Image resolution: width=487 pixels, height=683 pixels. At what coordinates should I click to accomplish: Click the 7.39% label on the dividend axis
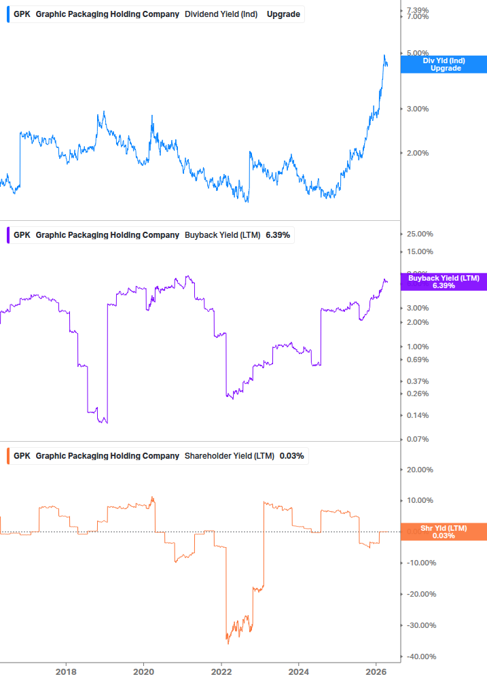[417, 10]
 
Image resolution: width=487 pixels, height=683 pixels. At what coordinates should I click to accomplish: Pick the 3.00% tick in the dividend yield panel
[417, 109]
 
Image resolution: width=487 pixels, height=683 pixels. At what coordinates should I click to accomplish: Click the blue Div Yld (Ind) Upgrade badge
[444, 65]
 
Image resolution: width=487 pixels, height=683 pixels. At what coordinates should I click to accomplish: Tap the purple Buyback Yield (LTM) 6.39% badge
[444, 282]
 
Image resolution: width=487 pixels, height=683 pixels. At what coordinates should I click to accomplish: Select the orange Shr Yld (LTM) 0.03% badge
[444, 531]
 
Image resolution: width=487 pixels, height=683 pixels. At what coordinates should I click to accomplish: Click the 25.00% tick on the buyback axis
[419, 234]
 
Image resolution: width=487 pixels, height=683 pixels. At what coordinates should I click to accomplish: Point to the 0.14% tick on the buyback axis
[417, 415]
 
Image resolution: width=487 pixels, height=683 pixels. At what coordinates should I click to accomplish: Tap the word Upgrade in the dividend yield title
[283, 14]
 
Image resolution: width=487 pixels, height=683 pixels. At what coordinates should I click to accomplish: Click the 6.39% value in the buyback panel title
[278, 235]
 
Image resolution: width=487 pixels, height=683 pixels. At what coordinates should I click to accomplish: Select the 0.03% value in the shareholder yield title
[291, 455]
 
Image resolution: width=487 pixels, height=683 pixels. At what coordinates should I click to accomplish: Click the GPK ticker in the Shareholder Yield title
[22, 455]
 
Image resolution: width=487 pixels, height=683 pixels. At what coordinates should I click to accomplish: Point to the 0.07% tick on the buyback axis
[417, 440]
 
